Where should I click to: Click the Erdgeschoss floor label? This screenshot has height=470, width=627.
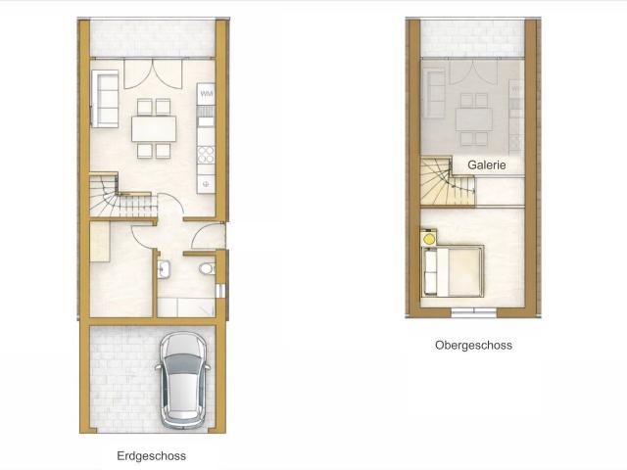151,456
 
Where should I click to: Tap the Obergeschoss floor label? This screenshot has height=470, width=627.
473,345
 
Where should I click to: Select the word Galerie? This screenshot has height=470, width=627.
487,164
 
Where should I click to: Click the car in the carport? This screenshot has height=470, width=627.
183,381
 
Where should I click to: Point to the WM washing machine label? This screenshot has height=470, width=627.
207,94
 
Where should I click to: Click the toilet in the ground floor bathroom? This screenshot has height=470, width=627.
207,268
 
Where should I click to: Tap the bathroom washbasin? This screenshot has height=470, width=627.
164,269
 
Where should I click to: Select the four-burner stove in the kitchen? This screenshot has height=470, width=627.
206,155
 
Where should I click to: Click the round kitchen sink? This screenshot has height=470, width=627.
206,184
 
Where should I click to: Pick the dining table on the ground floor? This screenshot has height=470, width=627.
154,128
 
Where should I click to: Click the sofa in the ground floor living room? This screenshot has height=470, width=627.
105,99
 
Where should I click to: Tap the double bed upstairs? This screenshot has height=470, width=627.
453,271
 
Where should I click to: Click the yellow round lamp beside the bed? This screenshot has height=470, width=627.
429,239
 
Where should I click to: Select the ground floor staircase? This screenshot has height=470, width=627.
123,196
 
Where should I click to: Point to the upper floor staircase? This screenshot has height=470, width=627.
448,182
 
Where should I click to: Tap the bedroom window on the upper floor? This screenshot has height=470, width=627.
473,312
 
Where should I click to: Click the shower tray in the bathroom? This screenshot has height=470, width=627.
186,307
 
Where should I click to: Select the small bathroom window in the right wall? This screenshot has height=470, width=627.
220,291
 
